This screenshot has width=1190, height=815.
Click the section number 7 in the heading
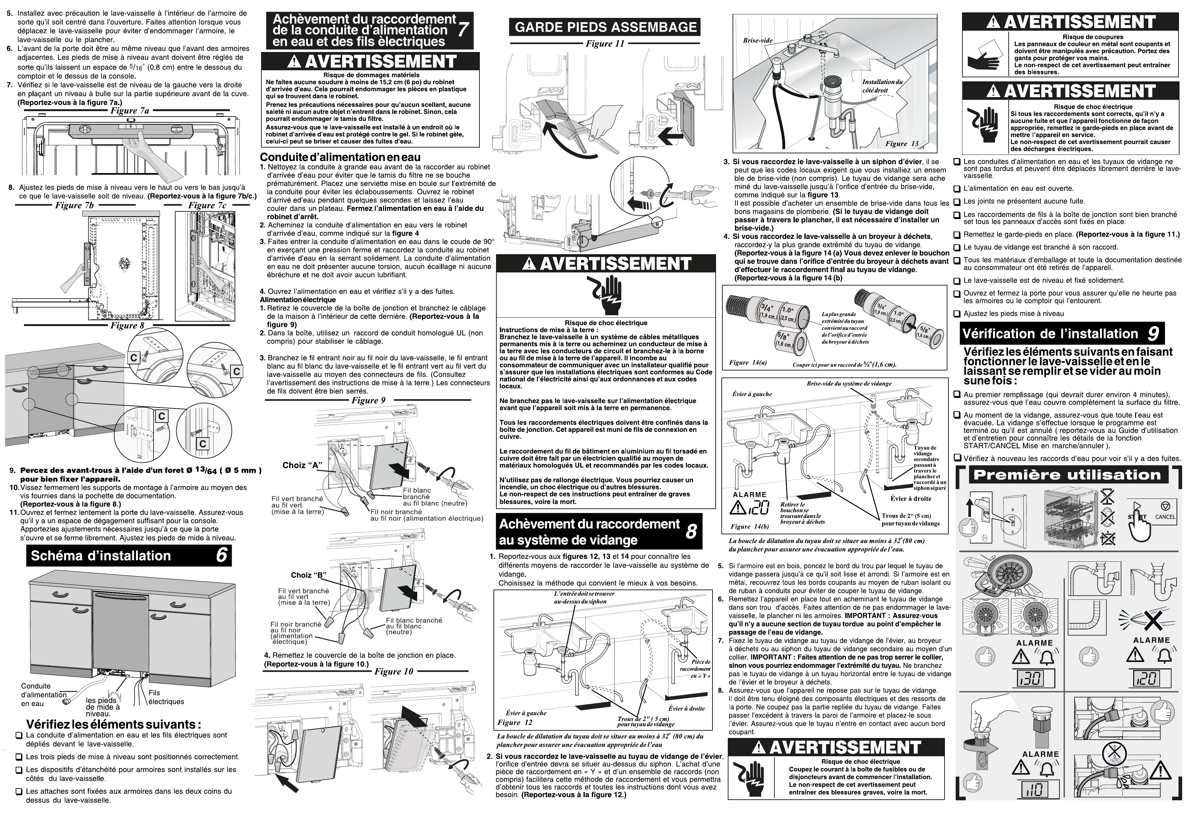click(463, 30)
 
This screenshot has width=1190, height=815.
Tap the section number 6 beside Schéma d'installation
click(221, 556)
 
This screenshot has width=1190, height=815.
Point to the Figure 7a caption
click(130, 110)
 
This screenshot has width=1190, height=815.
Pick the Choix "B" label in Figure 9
click(309, 575)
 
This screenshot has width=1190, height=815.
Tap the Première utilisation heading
click(1067, 475)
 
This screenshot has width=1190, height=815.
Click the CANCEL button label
click(1165, 517)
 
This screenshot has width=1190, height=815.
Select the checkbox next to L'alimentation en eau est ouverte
click(957, 188)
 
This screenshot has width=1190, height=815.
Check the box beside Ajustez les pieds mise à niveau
click(957, 314)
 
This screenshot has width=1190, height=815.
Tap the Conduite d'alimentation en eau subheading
click(340, 157)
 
